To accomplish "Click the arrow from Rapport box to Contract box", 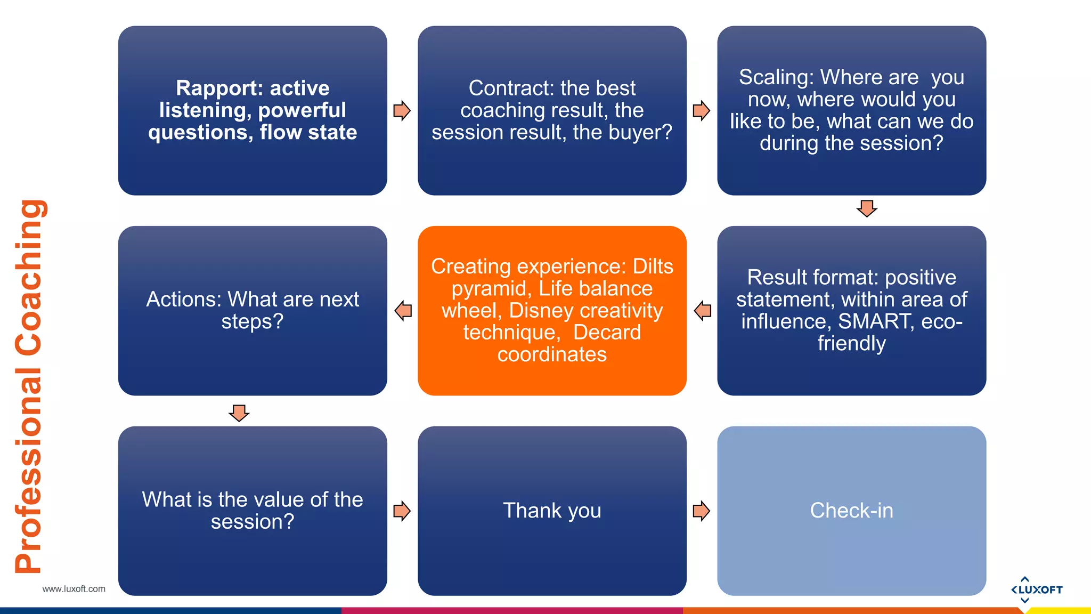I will click(402, 111).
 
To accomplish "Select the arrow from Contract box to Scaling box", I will click(701, 111).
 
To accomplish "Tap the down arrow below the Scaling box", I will click(867, 208).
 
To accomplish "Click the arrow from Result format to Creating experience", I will click(703, 310).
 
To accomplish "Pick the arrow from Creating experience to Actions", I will click(403, 310).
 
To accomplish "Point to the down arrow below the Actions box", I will click(239, 413).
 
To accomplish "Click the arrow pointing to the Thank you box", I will click(402, 511).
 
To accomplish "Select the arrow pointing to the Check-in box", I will click(701, 511).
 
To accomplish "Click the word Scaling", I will click(776, 77).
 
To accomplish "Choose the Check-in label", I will click(851, 511).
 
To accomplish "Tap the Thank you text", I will click(552, 511).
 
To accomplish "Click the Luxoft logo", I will click(1036, 589).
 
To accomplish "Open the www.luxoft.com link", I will click(74, 589).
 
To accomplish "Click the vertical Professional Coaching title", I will click(29, 386).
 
